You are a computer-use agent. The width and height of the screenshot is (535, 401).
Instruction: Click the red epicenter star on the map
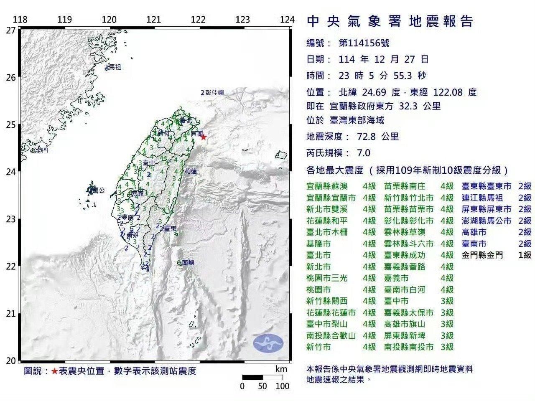click(204, 137)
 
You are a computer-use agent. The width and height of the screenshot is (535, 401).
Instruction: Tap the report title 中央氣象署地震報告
click(390, 22)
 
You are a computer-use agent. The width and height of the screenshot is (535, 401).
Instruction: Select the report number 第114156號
click(364, 43)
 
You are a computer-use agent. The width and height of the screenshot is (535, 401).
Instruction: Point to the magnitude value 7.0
click(363, 153)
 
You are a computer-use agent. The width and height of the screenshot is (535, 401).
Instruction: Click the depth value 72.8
click(366, 137)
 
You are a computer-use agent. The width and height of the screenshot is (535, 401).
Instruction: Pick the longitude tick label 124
click(287, 20)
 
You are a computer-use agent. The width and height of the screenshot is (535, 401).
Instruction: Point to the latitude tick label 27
click(11, 30)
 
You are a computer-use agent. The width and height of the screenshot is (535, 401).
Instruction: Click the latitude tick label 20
click(11, 361)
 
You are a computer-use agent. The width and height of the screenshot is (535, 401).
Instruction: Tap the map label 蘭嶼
click(189, 263)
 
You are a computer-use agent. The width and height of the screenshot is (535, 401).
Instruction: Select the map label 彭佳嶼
click(214, 93)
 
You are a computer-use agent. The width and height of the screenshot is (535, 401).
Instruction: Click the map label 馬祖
click(114, 67)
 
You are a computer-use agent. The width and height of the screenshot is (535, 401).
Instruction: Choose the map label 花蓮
click(191, 171)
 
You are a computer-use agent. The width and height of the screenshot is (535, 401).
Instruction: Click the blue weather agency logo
click(268, 343)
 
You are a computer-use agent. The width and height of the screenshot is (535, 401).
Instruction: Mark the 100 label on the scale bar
click(283, 386)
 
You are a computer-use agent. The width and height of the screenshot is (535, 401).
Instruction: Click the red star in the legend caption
click(55, 371)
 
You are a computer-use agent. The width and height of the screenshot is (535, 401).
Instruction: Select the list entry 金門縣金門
click(482, 255)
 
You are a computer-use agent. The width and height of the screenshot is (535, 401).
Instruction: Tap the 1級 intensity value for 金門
click(525, 255)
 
